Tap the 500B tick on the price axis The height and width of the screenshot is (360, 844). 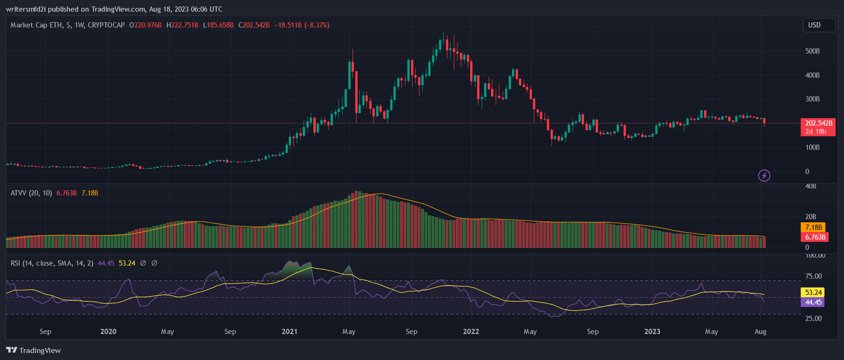pyautogui.click(x=812, y=51)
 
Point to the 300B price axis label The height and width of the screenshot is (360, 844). pyautogui.click(x=812, y=99)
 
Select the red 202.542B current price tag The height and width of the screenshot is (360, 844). pyautogui.click(x=818, y=123)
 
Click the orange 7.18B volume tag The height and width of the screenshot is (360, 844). pyautogui.click(x=813, y=227)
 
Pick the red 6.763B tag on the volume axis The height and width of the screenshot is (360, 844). pyautogui.click(x=815, y=237)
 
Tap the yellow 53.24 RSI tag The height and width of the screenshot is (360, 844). pyautogui.click(x=813, y=293)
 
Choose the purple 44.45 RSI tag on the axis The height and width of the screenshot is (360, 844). pyautogui.click(x=813, y=302)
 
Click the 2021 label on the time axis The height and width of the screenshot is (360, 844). pyautogui.click(x=289, y=332)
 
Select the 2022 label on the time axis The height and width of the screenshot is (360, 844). pyautogui.click(x=471, y=332)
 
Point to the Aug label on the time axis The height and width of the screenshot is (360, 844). pyautogui.click(x=760, y=332)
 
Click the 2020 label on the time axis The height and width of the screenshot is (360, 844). pyautogui.click(x=108, y=332)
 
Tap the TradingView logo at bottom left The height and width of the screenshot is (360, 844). pyautogui.click(x=33, y=350)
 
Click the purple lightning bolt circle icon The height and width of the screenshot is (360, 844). pyautogui.click(x=764, y=175)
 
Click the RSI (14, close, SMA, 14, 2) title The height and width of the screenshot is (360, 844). pyautogui.click(x=52, y=263)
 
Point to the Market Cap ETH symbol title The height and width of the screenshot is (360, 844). pyautogui.click(x=67, y=25)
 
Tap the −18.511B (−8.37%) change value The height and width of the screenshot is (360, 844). pyautogui.click(x=302, y=25)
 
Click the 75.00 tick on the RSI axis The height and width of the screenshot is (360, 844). pyautogui.click(x=813, y=276)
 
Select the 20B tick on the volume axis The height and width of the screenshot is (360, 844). pyautogui.click(x=811, y=217)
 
